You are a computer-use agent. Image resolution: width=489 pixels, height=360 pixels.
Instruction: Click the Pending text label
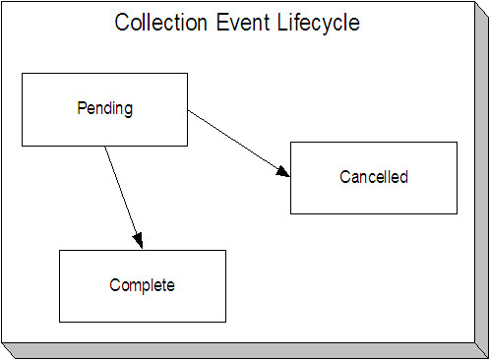point(104,108)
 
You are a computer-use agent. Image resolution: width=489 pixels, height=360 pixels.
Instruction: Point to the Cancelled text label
point(373,178)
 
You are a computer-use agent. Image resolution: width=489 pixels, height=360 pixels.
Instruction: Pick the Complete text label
point(142,285)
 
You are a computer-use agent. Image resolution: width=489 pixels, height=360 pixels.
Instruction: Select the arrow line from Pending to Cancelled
point(236,143)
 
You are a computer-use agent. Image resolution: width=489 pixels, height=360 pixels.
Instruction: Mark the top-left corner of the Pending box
point(22,73)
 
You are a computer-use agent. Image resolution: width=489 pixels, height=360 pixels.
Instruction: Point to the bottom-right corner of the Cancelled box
point(457,213)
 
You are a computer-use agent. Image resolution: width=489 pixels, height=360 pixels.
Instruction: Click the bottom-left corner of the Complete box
point(60,322)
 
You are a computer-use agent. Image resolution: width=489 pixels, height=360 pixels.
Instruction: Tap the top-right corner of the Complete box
point(225,250)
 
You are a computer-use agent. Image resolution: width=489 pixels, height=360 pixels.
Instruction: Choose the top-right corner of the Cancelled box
point(457,143)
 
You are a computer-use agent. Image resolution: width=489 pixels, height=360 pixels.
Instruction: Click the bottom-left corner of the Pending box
point(22,146)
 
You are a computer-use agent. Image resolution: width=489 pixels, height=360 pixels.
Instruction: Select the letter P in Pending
point(82,108)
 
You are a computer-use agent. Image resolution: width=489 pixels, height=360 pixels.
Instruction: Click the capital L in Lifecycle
point(271,23)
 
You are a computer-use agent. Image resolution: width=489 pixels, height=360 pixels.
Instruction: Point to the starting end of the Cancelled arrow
point(188,110)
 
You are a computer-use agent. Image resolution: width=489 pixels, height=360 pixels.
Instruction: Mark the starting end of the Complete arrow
point(104,147)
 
